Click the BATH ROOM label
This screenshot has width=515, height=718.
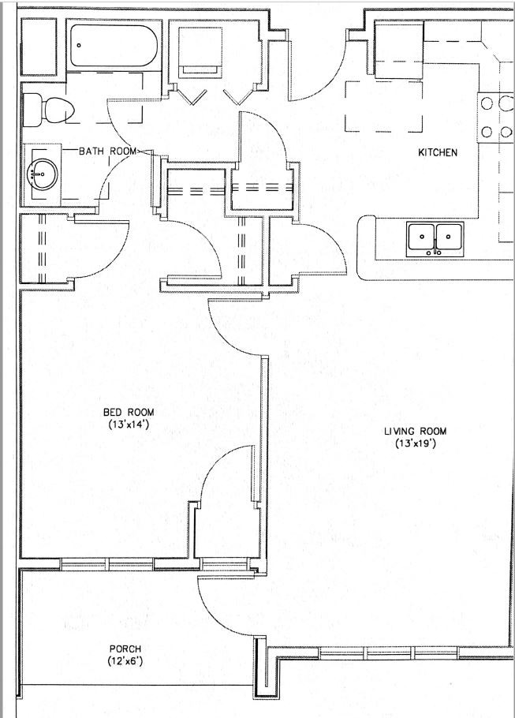107,150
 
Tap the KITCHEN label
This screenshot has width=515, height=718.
438,152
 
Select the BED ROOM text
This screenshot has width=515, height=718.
129,412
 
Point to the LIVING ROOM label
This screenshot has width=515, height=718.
416,431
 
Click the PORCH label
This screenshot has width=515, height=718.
125,649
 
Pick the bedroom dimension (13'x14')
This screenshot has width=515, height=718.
129,424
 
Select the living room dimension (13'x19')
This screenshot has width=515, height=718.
416,443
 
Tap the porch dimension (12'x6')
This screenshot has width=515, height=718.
125,661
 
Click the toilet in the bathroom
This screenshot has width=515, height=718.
47,109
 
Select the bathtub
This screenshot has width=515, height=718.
115,47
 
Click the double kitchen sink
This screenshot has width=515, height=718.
435,237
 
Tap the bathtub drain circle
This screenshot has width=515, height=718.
78,46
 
